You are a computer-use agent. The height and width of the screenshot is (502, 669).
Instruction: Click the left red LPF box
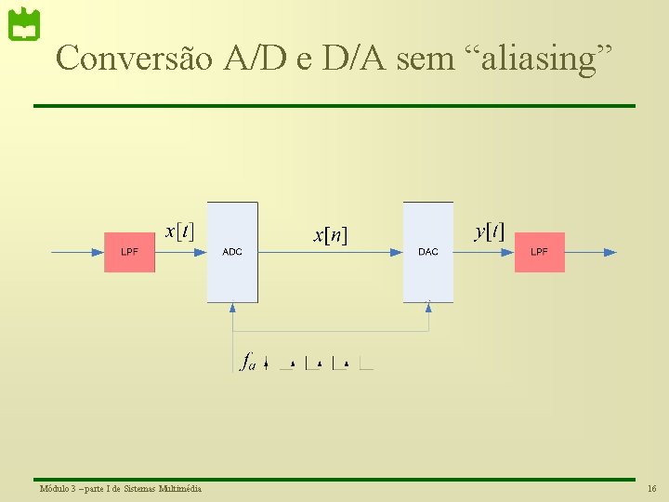(129, 252)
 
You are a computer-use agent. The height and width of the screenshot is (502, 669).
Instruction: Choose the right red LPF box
(539, 252)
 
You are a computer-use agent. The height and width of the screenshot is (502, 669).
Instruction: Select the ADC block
(232, 252)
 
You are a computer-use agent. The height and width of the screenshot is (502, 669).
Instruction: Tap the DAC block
(427, 252)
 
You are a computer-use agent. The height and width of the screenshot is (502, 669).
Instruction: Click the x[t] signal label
(179, 231)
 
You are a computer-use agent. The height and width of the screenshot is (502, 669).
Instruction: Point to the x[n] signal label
(330, 235)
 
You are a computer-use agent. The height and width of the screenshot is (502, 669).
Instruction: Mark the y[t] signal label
(489, 231)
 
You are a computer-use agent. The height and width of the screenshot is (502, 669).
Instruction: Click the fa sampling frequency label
(248, 361)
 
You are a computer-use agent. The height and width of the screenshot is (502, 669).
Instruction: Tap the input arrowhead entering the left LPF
(98, 252)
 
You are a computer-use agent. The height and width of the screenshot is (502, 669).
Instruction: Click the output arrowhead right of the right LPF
(610, 252)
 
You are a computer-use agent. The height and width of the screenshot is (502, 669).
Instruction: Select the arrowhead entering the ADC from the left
(200, 252)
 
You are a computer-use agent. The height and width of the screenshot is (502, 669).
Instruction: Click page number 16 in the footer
(651, 489)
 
